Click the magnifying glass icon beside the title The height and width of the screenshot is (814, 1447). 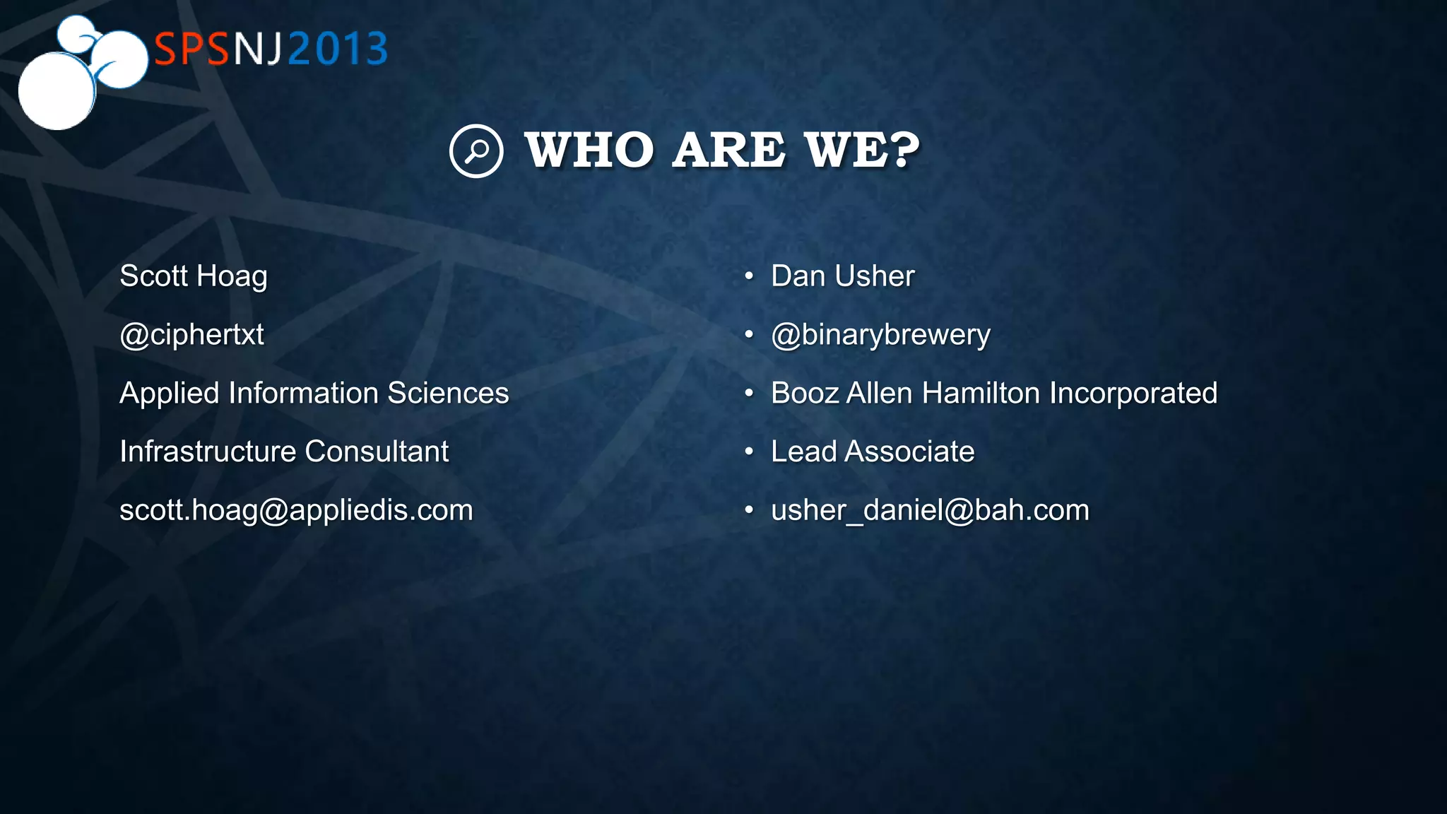tap(476, 151)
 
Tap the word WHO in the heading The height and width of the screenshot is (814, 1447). tap(589, 151)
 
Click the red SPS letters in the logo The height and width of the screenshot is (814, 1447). tap(191, 49)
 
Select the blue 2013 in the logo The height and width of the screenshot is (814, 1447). tap(338, 49)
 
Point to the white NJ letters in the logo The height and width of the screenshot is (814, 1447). tap(258, 49)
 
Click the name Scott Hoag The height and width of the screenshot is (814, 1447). tap(194, 276)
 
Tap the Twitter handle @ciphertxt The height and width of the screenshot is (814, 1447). tap(191, 335)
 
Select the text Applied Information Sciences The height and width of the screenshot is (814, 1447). tap(314, 393)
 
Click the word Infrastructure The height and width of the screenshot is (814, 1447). tap(208, 452)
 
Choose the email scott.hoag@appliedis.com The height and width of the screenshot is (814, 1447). tap(296, 510)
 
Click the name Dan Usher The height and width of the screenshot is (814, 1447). tap(842, 276)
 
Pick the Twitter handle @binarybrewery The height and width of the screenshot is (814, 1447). tap(880, 335)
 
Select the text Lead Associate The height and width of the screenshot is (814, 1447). tap(873, 452)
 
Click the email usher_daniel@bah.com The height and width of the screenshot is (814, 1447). tap(930, 510)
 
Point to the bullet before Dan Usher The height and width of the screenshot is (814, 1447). tap(749, 276)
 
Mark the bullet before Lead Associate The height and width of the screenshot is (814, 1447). tap(749, 452)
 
